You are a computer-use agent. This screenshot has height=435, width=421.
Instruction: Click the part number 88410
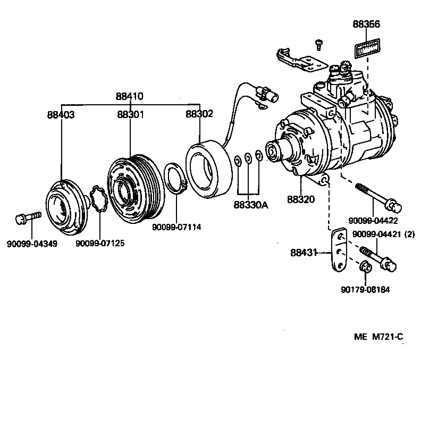tap(130, 97)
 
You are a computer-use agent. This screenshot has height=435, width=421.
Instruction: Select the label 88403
tap(61, 114)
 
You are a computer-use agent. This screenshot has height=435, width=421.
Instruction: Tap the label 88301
tap(130, 114)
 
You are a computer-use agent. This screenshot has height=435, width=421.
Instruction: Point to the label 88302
tap(199, 114)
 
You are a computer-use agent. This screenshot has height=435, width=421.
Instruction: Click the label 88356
tap(367, 24)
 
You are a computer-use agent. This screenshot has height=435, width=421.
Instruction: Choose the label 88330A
tap(249, 204)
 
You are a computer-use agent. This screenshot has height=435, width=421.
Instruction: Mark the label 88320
tap(301, 199)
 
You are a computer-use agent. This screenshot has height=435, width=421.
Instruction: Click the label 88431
tap(304, 253)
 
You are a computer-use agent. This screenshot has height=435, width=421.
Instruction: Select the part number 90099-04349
tap(32, 244)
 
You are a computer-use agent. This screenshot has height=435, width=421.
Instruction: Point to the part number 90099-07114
tap(175, 227)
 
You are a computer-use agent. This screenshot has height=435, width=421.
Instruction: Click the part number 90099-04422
tap(373, 220)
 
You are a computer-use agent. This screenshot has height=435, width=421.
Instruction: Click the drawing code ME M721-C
tap(379, 337)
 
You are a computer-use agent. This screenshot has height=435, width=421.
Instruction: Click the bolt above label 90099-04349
tap(27, 217)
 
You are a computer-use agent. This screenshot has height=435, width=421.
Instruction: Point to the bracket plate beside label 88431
tap(338, 250)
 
